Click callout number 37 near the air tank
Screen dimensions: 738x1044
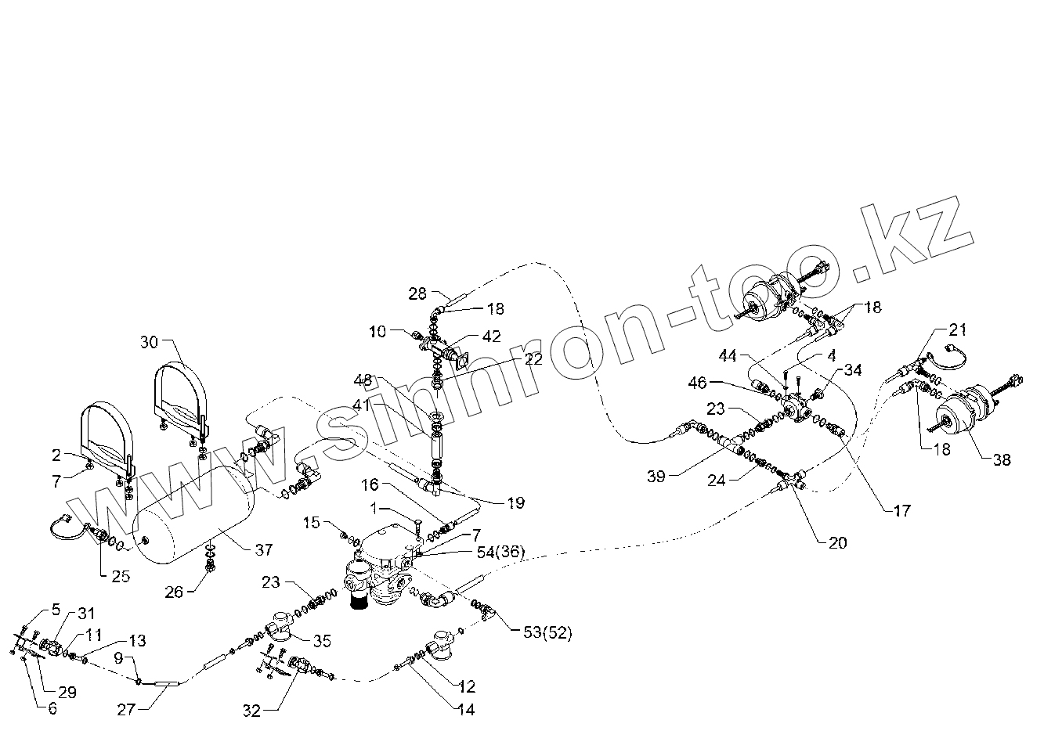(264, 550)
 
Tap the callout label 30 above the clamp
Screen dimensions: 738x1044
(150, 342)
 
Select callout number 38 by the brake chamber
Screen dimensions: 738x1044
(1002, 459)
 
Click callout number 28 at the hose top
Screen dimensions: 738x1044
(417, 293)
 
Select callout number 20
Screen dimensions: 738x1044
(837, 542)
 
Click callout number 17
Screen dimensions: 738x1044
(901, 511)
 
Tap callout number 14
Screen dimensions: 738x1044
(466, 710)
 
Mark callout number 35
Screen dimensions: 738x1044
(323, 642)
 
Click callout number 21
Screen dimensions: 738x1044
(959, 329)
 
